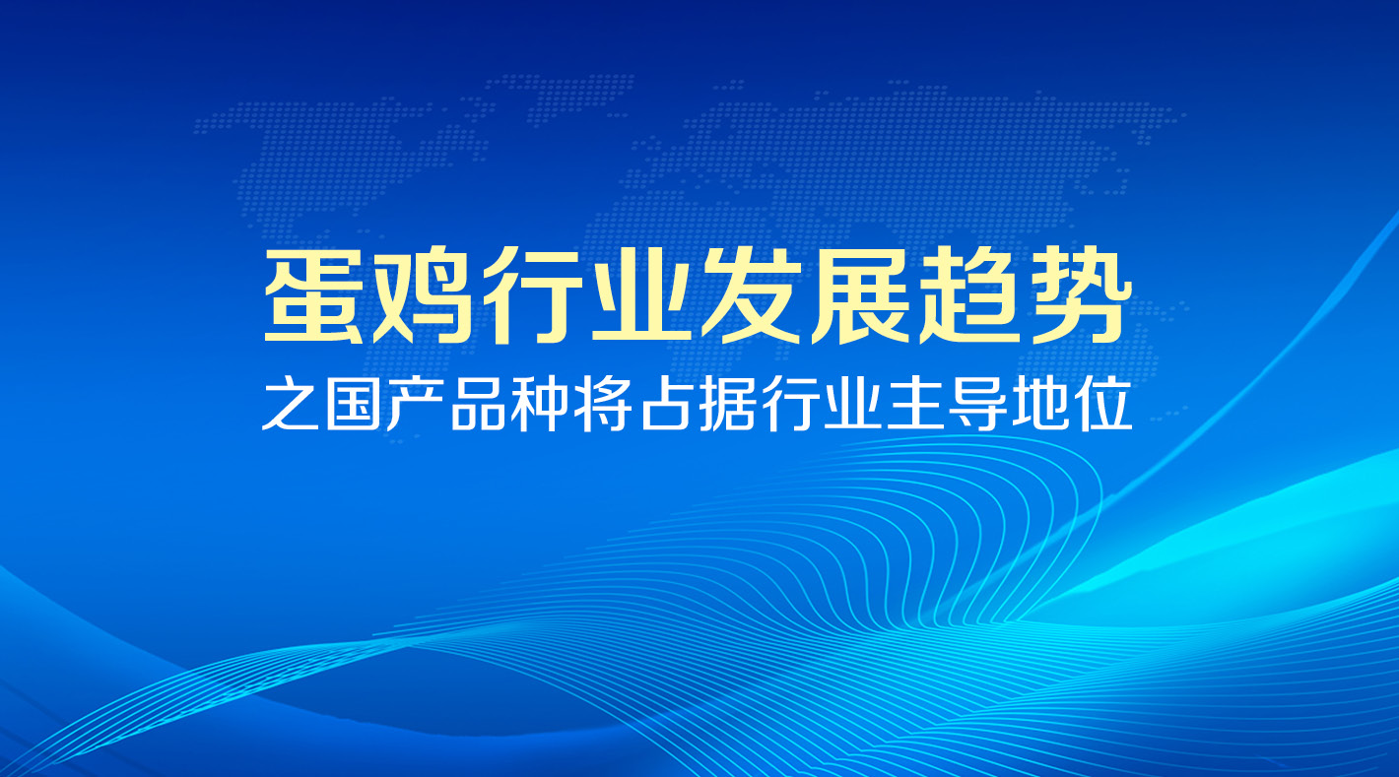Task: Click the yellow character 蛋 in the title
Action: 314,294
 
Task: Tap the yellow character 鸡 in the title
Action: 423,294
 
